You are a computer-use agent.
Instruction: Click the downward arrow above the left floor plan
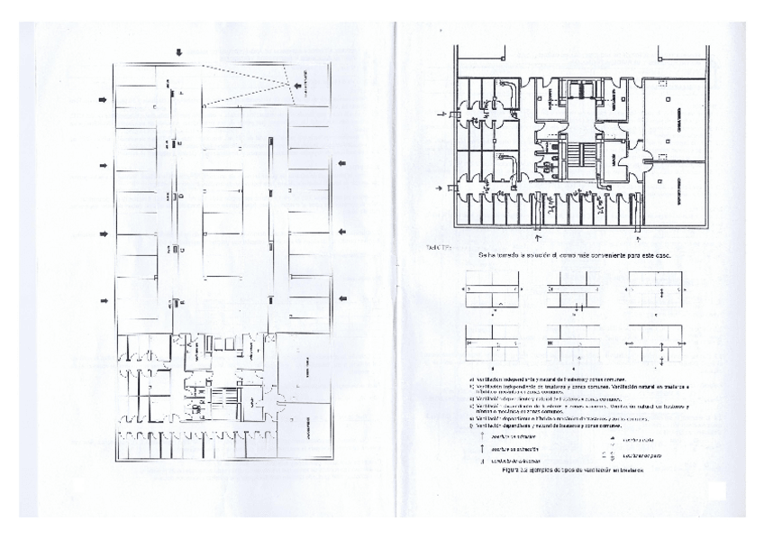(179, 52)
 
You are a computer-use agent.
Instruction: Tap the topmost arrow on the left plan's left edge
(102, 99)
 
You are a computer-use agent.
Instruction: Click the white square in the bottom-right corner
(717, 491)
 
